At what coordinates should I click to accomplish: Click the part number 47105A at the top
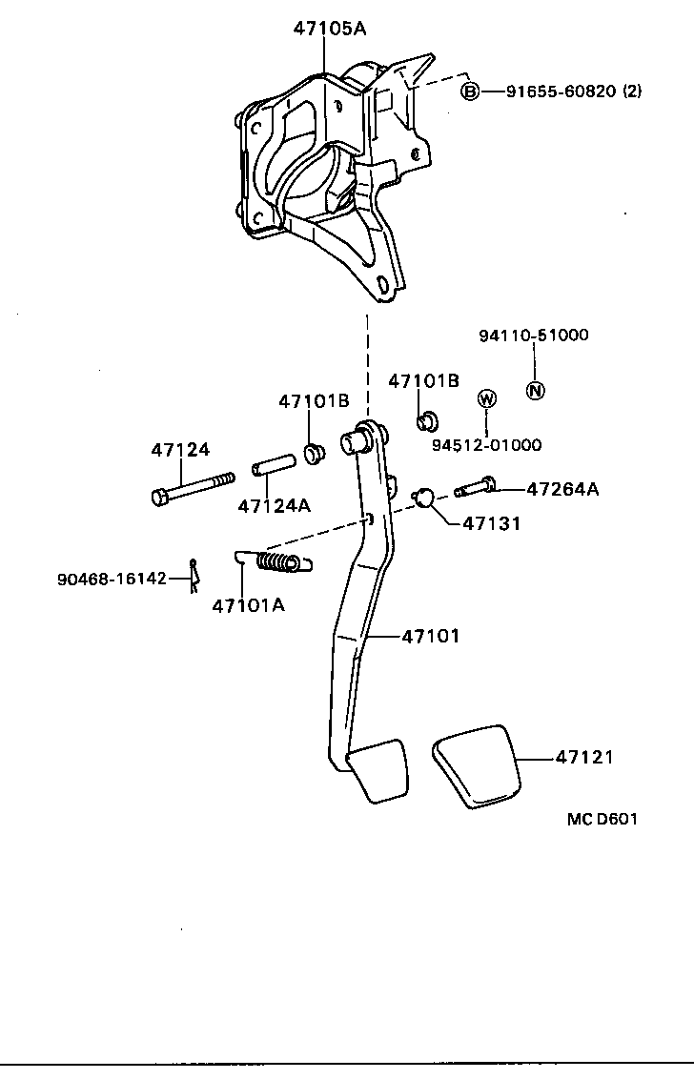point(330,29)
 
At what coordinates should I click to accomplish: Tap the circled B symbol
point(469,92)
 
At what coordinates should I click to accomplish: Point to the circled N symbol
point(536,390)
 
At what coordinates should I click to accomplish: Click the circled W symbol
point(486,398)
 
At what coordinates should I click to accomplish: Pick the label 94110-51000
point(533,335)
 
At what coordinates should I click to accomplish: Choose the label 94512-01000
point(486,444)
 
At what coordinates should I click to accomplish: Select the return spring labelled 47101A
point(276,563)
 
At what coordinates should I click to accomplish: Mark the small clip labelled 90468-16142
point(193,576)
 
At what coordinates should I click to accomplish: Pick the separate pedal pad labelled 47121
point(477,765)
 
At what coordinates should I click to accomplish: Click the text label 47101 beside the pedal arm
point(430,635)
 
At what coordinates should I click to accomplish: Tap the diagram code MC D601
point(601,819)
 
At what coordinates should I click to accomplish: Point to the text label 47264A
point(562,489)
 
